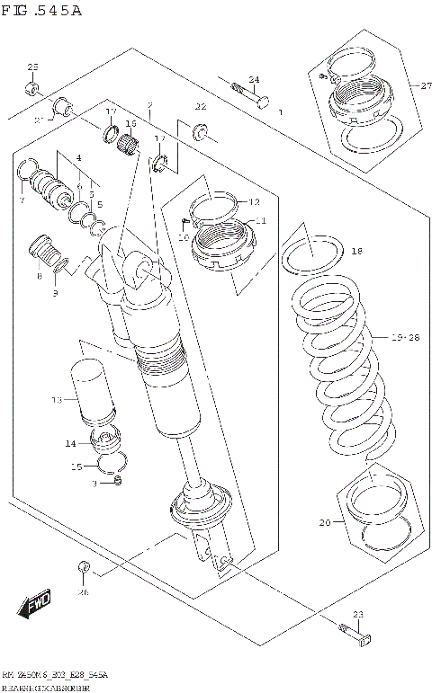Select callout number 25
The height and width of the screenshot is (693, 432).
pos(32,67)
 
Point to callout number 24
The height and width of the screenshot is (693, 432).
pos(254,80)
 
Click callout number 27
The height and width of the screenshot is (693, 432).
pos(400,85)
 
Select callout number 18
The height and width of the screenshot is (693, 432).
pos(356,252)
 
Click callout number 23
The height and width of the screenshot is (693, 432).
pos(357,614)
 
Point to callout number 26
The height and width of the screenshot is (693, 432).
pos(84,591)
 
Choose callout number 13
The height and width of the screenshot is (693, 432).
pos(56,399)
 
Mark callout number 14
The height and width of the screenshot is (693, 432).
pos(70,443)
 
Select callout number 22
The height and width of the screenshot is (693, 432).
pos(201,107)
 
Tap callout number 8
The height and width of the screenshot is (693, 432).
pos(39,277)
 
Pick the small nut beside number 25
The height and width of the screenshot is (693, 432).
pos(31,87)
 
